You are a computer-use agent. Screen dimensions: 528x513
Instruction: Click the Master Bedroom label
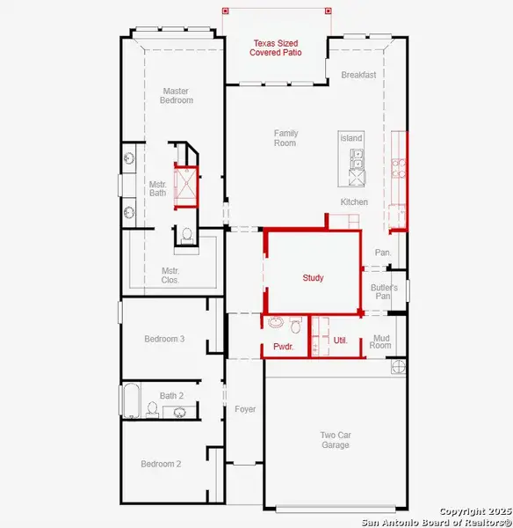tap(176, 95)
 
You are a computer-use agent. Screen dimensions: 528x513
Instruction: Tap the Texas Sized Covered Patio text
tap(277, 48)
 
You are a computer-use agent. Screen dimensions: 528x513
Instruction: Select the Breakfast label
tap(358, 75)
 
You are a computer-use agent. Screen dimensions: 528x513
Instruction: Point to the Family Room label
tap(285, 137)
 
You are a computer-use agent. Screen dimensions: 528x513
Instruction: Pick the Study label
tap(313, 278)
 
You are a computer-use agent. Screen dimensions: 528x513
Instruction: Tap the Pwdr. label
tap(282, 348)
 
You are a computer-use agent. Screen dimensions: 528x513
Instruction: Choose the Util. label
tap(340, 340)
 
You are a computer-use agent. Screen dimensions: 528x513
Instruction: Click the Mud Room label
tap(381, 341)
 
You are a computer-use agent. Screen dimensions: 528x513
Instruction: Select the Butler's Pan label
tap(384, 292)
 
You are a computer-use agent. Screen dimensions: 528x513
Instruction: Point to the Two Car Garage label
tap(335, 439)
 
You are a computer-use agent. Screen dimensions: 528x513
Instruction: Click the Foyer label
tap(245, 409)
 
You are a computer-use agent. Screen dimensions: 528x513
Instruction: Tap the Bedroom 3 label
tap(164, 339)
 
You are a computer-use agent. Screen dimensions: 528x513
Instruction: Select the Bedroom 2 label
tap(161, 464)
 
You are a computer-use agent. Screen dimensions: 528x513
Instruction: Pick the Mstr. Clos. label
tap(170, 275)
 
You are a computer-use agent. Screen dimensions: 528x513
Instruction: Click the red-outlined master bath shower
tap(186, 185)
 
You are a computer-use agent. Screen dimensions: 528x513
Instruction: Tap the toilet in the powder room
tap(296, 326)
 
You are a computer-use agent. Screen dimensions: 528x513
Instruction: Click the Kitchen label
tap(354, 202)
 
